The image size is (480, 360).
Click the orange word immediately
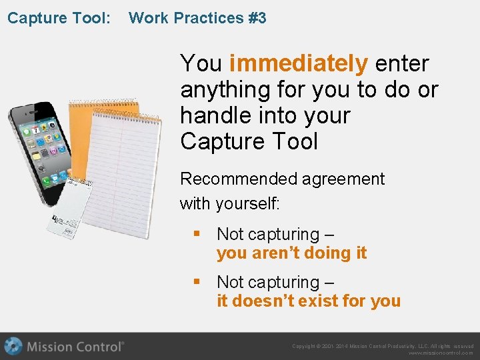click(298, 64)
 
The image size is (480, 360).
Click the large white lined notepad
click(127, 173)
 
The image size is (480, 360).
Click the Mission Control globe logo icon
click(13, 347)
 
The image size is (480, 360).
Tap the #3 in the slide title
click(257, 18)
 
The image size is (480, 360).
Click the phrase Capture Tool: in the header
click(59, 18)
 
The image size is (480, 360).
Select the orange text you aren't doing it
click(291, 253)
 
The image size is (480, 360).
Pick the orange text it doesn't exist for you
click(308, 301)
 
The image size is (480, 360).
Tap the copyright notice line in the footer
click(383, 346)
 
